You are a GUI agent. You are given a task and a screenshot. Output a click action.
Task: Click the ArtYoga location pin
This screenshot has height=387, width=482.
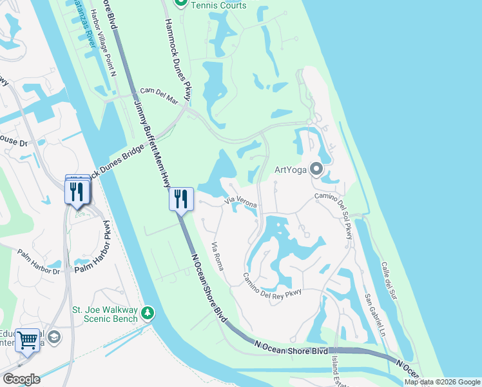click(x=316, y=170)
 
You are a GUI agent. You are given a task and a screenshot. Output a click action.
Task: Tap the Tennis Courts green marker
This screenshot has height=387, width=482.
click(x=182, y=4)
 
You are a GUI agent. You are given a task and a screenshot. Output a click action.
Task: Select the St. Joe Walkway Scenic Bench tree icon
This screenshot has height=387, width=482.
click(x=149, y=313)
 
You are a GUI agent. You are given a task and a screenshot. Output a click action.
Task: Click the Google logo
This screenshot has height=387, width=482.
click(x=21, y=379)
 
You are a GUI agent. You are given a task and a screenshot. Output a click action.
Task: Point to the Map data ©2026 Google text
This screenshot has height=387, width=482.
click(x=442, y=382)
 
